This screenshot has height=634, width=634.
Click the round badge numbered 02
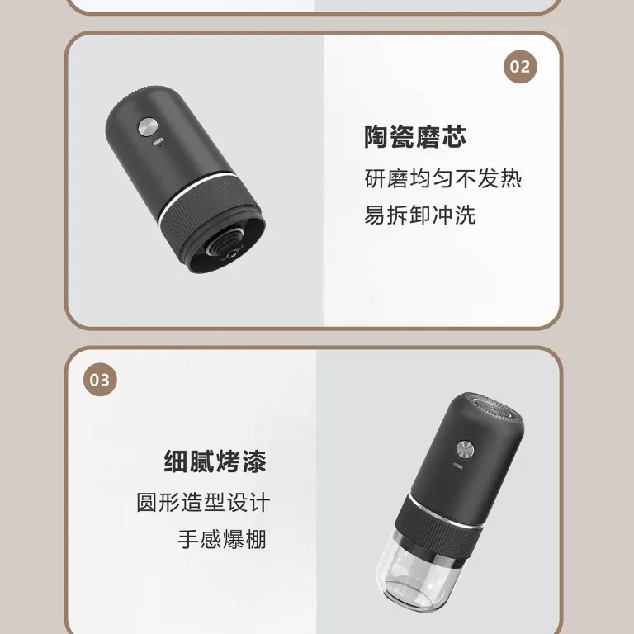[520, 67]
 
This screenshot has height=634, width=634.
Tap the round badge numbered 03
[100, 380]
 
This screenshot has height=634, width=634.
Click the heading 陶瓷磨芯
[415, 137]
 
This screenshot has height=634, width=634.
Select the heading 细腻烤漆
[215, 461]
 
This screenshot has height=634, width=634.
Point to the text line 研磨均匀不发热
[443, 178]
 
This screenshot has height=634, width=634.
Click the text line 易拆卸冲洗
[420, 215]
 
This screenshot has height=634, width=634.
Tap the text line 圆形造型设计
[203, 502]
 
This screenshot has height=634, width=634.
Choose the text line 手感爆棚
[222, 539]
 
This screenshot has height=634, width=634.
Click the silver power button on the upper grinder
[147, 127]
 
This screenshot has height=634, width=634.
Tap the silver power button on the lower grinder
[465, 450]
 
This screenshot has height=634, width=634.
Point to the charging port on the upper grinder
[158, 143]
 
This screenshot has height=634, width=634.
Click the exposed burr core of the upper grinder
[225, 247]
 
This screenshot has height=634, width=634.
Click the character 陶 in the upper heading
[376, 137]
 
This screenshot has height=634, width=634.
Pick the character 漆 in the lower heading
[254, 461]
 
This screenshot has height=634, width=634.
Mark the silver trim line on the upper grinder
[197, 194]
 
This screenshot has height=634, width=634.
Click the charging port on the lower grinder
[458, 465]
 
